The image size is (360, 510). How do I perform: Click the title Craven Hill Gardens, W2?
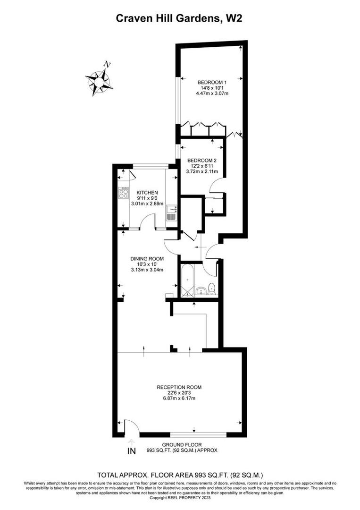[x=180, y=18]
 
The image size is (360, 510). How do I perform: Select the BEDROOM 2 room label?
[x=202, y=160]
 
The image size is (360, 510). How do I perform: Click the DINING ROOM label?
[x=147, y=258]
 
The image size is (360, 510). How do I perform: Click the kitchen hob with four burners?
[x=124, y=193]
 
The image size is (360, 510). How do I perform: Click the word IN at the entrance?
[x=132, y=451]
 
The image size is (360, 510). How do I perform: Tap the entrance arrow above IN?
[x=132, y=442]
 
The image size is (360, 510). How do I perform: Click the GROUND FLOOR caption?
[x=182, y=444]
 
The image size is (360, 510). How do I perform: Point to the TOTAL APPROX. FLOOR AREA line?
[x=180, y=475]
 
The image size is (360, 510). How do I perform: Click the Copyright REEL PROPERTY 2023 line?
[x=180, y=497]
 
